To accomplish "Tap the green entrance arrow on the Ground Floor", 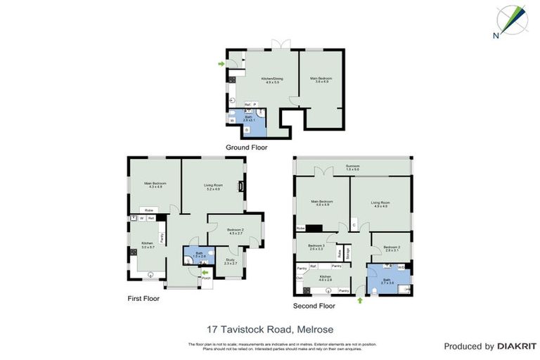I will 221,64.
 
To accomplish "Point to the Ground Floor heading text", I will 246,148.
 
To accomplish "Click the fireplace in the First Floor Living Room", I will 241,186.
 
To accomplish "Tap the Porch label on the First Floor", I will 206,278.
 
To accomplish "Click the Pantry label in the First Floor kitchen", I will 163,238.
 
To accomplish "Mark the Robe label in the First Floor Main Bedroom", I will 149,210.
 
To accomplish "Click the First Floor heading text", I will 144,298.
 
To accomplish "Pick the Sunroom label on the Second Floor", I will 353,167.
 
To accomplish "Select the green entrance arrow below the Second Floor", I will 361,300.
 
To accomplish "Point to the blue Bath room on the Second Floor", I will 387,280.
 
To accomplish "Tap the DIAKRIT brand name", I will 517,346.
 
